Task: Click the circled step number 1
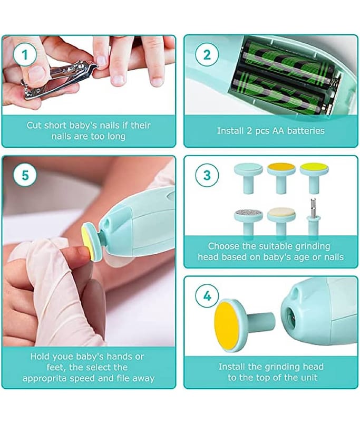coord(25,55)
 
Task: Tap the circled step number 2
coord(207,55)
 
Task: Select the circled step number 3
coord(207,176)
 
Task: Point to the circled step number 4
coord(207,296)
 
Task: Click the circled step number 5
coord(25,176)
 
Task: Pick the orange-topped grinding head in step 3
coord(281,177)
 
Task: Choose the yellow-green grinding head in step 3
coord(314,177)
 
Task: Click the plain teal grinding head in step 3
coord(248,178)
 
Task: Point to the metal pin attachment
coord(314,217)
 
